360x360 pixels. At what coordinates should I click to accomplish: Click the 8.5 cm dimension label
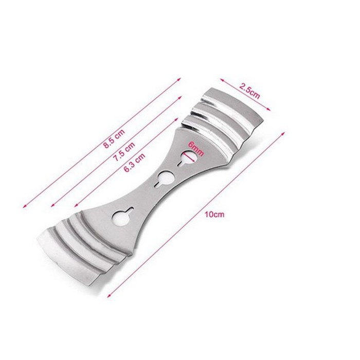pos(114,139)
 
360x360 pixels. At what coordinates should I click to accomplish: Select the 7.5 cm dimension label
pos(124,152)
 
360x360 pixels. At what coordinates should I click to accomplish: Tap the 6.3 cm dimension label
pos(134,163)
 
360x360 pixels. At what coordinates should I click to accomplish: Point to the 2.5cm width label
pos(249,91)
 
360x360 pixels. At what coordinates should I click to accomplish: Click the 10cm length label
pos(214,214)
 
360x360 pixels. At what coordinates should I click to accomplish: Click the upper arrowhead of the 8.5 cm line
pos(179,79)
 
